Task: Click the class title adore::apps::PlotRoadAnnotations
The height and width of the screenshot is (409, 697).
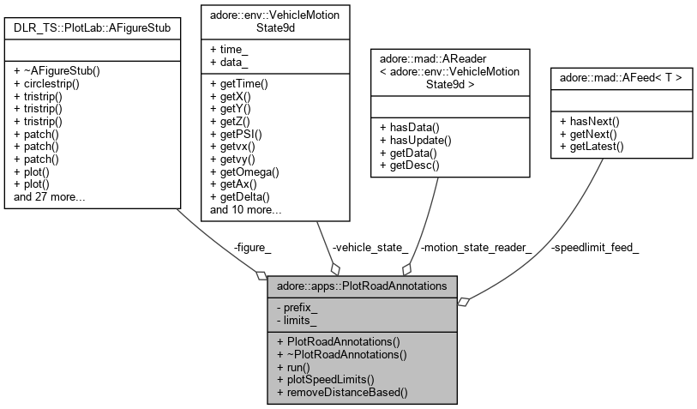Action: (x=364, y=285)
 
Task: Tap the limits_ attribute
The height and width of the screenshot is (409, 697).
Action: (x=298, y=319)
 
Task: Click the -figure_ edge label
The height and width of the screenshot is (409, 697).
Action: (x=252, y=248)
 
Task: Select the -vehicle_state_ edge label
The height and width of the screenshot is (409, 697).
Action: (x=370, y=248)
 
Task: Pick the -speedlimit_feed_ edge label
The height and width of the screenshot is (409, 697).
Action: (x=595, y=248)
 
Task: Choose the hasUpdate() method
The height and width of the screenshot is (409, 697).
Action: (x=413, y=139)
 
